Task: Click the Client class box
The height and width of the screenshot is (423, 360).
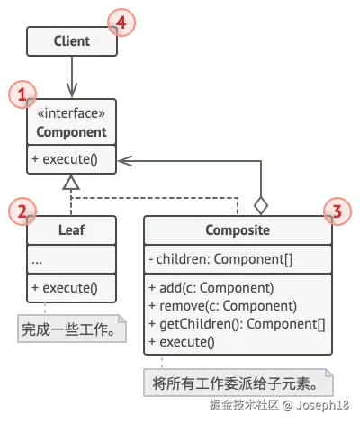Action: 71,41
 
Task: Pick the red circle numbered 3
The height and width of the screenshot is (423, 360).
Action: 336,211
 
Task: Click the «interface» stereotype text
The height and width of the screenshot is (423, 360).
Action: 71,114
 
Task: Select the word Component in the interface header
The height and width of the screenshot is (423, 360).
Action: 71,132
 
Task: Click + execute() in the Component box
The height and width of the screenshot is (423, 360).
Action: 64,162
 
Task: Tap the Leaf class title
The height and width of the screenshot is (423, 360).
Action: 71,230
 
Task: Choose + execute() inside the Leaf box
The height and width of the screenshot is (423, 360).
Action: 64,290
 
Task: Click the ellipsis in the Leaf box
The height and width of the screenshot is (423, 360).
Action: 37,259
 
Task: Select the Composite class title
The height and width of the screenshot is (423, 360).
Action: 238,230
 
